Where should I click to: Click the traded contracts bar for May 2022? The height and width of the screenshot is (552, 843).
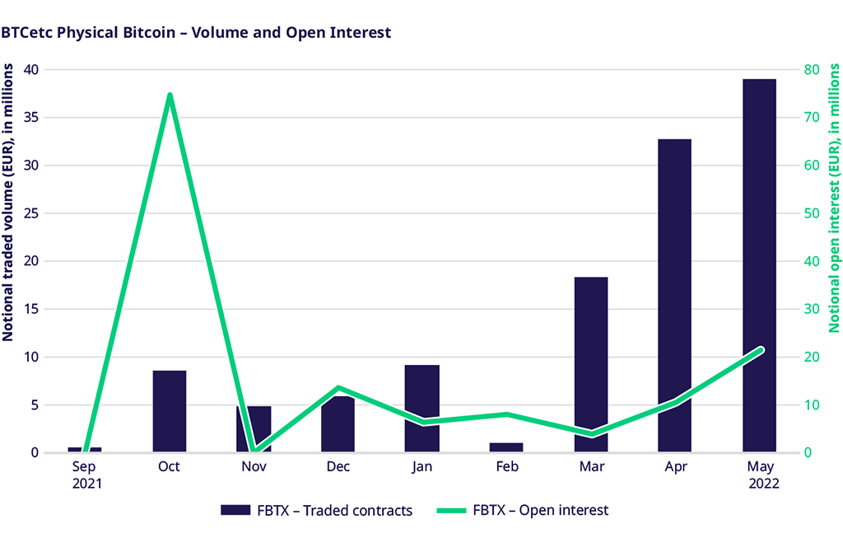[759, 265]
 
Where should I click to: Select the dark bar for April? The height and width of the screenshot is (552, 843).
[675, 295]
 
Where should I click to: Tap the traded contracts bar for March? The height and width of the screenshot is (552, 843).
[591, 364]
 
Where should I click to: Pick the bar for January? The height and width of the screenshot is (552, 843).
[422, 408]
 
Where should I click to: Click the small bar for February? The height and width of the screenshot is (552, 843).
[506, 447]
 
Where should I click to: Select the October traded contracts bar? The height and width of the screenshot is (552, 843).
[170, 411]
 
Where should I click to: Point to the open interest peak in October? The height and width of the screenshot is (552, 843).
[170, 95]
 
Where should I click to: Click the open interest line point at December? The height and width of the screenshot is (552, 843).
[338, 387]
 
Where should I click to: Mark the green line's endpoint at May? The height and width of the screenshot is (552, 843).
[760, 350]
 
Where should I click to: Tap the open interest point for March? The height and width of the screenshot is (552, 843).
[591, 434]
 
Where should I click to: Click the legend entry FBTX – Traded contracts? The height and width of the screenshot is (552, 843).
[317, 510]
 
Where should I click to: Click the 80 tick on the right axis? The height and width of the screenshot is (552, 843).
[812, 69]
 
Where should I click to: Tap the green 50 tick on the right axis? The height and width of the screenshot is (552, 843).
[812, 213]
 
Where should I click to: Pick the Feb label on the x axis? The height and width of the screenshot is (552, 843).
[506, 467]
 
